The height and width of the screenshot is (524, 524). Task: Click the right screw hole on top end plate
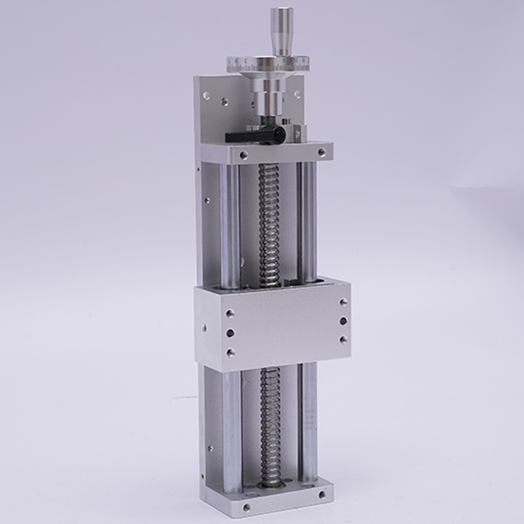click(320, 151)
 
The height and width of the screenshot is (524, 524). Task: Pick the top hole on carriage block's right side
click(343, 302)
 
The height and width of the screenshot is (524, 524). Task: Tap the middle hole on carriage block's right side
click(343, 321)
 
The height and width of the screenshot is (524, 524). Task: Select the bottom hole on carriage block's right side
click(343, 340)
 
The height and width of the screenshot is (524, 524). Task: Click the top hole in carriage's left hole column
click(230, 313)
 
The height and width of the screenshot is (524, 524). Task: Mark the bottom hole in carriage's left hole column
click(230, 352)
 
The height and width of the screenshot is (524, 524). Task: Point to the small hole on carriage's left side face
click(205, 329)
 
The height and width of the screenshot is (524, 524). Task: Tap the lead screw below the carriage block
click(271, 420)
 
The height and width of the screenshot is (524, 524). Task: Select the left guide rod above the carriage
click(230, 224)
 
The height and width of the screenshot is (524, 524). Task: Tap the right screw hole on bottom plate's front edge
click(321, 495)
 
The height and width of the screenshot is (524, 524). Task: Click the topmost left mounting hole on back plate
click(206, 96)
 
